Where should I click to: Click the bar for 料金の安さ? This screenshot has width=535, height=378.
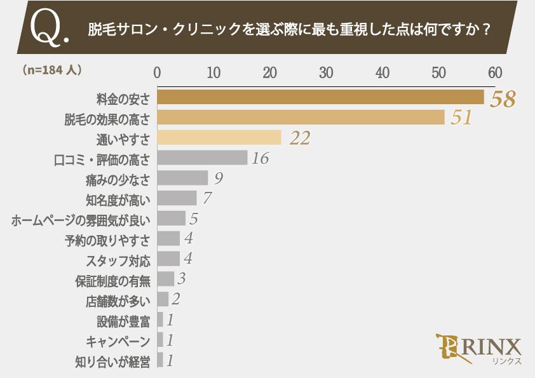(320, 97)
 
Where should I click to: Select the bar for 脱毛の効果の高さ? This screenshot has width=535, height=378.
(301, 118)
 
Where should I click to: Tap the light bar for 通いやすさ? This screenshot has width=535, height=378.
(219, 138)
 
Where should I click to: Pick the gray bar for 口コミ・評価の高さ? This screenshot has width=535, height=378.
(202, 158)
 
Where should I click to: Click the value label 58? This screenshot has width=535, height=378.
(501, 99)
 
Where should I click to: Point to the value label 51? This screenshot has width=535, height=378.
(461, 118)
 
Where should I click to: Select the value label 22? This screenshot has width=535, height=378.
(299, 138)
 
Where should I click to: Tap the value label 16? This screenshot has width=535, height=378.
(260, 159)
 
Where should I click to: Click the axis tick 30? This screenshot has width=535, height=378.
(326, 72)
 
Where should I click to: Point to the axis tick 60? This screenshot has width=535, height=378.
(495, 72)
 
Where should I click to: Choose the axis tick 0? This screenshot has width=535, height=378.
(157, 72)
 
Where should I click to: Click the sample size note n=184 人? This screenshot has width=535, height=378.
(51, 71)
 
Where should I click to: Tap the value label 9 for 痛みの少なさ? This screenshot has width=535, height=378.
(218, 179)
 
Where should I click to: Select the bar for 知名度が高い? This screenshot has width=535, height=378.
(177, 199)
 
